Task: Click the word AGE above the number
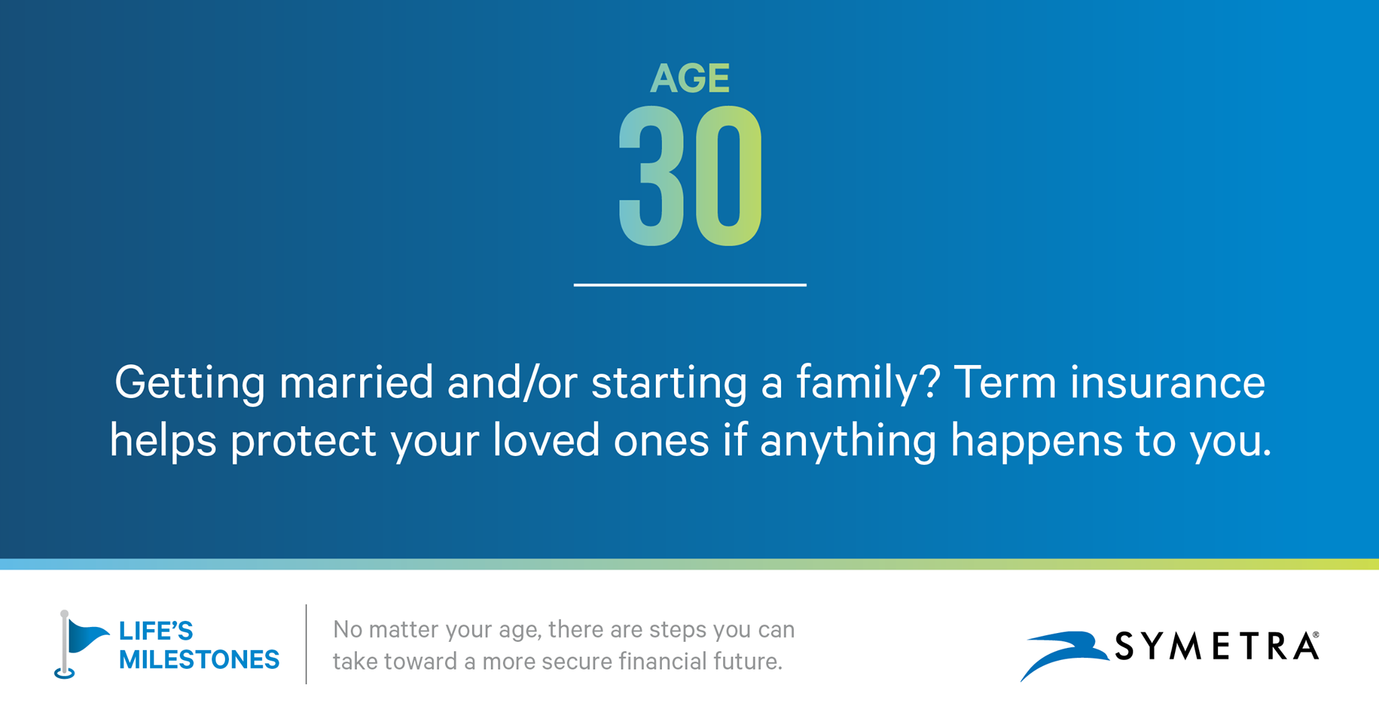(689, 78)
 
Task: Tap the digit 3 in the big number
(652, 176)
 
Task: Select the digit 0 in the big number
(729, 176)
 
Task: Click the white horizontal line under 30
(689, 285)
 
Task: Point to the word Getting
(190, 384)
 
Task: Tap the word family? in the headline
(868, 384)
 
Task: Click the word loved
(546, 440)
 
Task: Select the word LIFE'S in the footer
(156, 631)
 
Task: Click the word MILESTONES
(199, 659)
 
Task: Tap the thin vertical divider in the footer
(306, 644)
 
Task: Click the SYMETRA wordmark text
(1217, 646)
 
